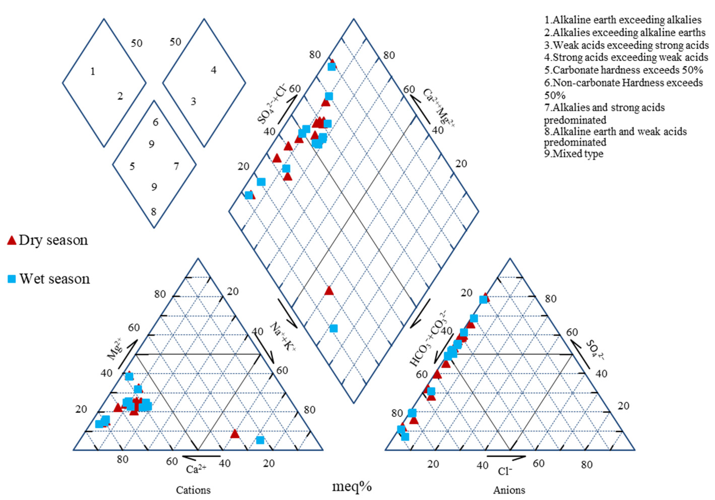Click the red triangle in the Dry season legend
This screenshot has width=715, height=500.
point(12,240)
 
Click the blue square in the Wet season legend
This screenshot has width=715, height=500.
point(12,279)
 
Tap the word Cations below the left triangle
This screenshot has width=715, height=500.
point(193,490)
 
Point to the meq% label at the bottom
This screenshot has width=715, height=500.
point(352,486)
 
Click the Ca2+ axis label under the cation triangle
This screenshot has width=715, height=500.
point(196,469)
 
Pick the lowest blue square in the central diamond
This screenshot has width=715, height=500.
point(333,328)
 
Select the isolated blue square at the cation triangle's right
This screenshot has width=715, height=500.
point(260,440)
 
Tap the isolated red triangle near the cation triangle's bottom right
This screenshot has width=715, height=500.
point(235,434)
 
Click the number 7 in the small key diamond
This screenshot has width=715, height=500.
point(176,166)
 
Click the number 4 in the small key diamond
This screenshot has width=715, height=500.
point(213,70)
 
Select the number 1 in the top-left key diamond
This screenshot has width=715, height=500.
point(92,72)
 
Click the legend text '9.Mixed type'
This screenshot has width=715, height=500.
point(574,154)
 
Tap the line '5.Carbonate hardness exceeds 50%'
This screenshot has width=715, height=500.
point(623,70)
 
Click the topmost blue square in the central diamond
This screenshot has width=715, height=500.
point(332,67)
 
